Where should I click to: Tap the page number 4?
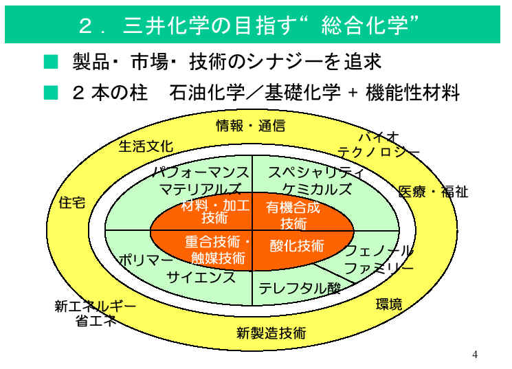pyautogui.click(x=475, y=355)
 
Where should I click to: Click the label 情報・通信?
pyautogui.click(x=251, y=126)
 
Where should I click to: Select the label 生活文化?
pyautogui.click(x=146, y=146)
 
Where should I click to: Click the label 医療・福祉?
pyautogui.click(x=433, y=192)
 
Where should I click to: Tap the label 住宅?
pyautogui.click(x=73, y=204)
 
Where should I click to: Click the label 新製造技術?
pyautogui.click(x=271, y=334)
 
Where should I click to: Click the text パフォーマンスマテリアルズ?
pyautogui.click(x=200, y=181)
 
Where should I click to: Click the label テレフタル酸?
pyautogui.click(x=300, y=289)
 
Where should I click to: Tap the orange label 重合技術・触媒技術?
pyautogui.click(x=218, y=250)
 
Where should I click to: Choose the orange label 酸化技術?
pyautogui.click(x=297, y=246)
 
